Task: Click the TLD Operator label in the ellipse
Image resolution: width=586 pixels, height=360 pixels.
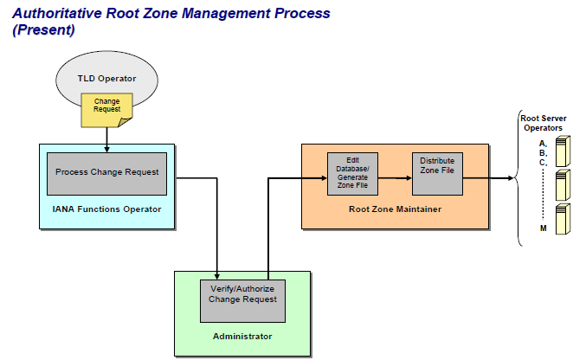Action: [106, 79]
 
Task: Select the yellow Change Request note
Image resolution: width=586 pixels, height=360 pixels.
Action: [106, 110]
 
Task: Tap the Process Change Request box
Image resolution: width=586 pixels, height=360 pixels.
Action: [106, 174]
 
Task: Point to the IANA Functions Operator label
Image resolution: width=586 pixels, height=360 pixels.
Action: [106, 209]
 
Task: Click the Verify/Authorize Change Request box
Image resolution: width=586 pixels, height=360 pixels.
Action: [242, 301]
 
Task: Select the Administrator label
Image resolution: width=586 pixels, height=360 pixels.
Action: [242, 336]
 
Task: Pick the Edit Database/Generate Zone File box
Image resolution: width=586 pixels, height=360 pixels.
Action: [352, 174]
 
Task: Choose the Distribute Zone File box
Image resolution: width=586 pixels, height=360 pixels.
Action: [437, 174]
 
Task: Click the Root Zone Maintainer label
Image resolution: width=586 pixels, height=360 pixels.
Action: [395, 209]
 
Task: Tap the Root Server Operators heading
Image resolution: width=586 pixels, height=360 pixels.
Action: [544, 123]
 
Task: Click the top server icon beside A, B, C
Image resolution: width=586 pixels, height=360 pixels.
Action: [563, 151]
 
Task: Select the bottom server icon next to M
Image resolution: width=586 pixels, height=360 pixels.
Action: [563, 219]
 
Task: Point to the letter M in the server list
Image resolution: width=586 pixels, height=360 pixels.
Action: [544, 228]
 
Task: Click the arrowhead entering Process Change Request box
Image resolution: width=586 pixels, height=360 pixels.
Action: [106, 150]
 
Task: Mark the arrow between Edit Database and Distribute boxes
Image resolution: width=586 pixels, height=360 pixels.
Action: [395, 178]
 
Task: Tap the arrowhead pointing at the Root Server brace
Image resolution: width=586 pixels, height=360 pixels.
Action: [511, 178]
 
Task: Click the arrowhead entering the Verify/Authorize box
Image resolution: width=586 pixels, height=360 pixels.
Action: [216, 277]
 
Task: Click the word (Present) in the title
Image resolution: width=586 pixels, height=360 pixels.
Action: [44, 29]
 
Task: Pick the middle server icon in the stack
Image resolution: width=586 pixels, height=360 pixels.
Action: [563, 185]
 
